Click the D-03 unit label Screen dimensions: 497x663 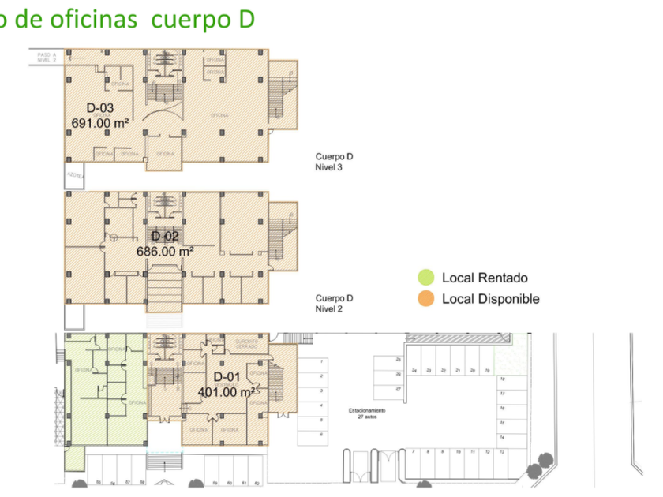click(100, 108)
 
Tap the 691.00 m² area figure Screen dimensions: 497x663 click(100, 123)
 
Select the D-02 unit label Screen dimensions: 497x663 click(166, 237)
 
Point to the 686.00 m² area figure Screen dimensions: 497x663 click(166, 252)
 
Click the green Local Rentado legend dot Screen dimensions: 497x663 click(426, 277)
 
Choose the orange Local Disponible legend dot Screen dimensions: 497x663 click(426, 299)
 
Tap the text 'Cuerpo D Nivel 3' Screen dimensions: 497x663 click(334, 161)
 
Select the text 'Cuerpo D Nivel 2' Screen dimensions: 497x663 click(334, 303)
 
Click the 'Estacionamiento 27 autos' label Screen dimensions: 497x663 click(368, 413)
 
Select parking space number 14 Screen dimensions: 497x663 click(502, 436)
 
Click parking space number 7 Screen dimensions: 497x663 click(414, 452)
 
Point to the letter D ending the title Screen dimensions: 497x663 click(245, 19)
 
